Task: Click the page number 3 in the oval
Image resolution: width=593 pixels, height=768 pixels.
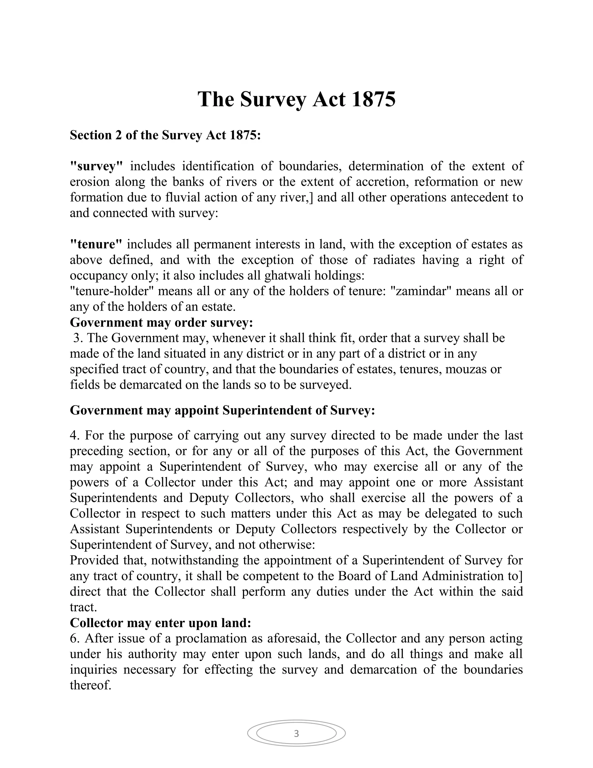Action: click(296, 734)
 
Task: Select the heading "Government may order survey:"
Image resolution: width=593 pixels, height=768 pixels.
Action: click(161, 323)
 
